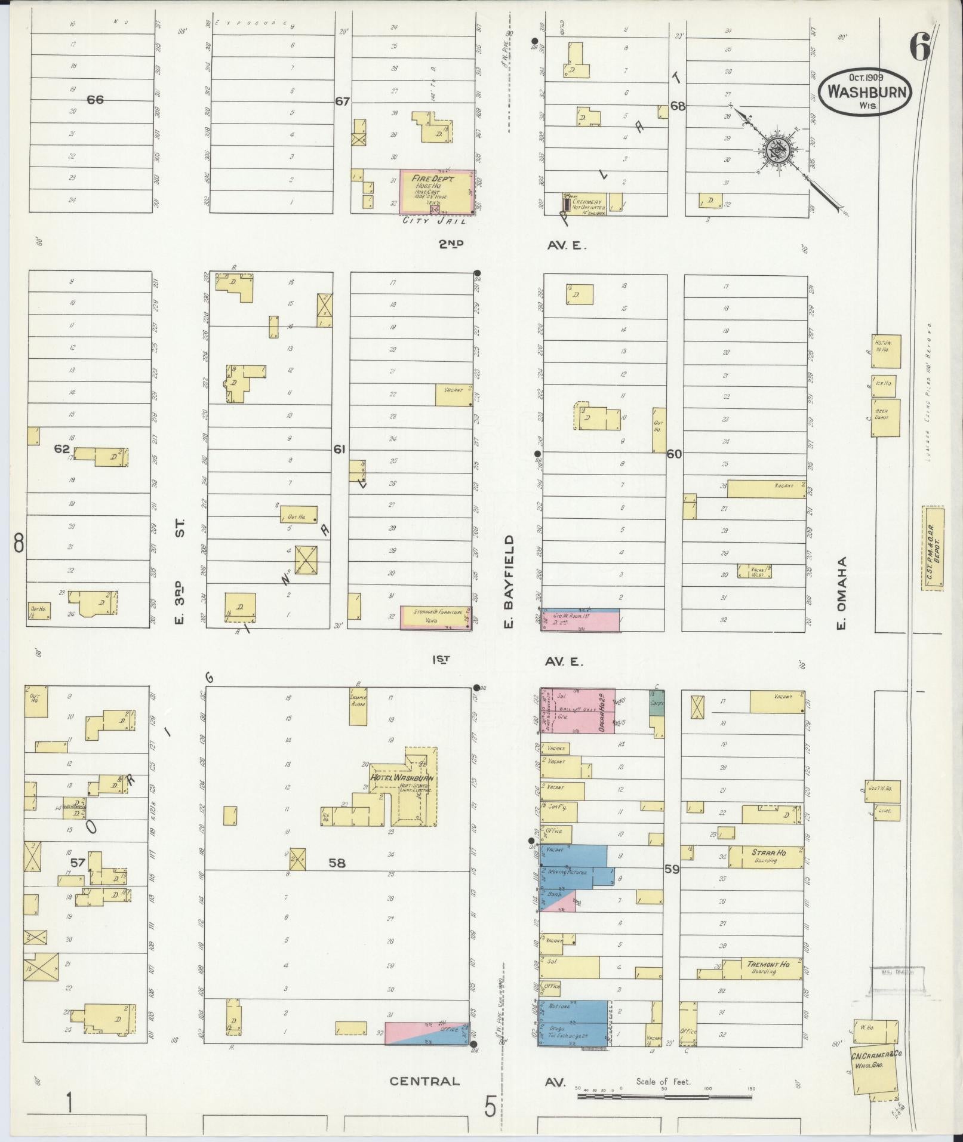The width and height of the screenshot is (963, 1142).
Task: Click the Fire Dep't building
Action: [436, 190]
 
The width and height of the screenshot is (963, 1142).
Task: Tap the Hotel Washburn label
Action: [401, 778]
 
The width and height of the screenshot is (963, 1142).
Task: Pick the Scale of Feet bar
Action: [664, 1097]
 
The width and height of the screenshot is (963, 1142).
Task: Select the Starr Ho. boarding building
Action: [766, 856]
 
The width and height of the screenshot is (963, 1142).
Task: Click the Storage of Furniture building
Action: [435, 618]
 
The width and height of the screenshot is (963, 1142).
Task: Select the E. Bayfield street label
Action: [509, 572]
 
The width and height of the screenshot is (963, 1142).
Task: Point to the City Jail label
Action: [425, 221]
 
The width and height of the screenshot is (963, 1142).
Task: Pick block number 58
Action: [337, 863]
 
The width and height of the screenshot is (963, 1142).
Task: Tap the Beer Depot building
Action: [882, 414]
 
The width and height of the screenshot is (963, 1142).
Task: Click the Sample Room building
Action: [358, 707]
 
